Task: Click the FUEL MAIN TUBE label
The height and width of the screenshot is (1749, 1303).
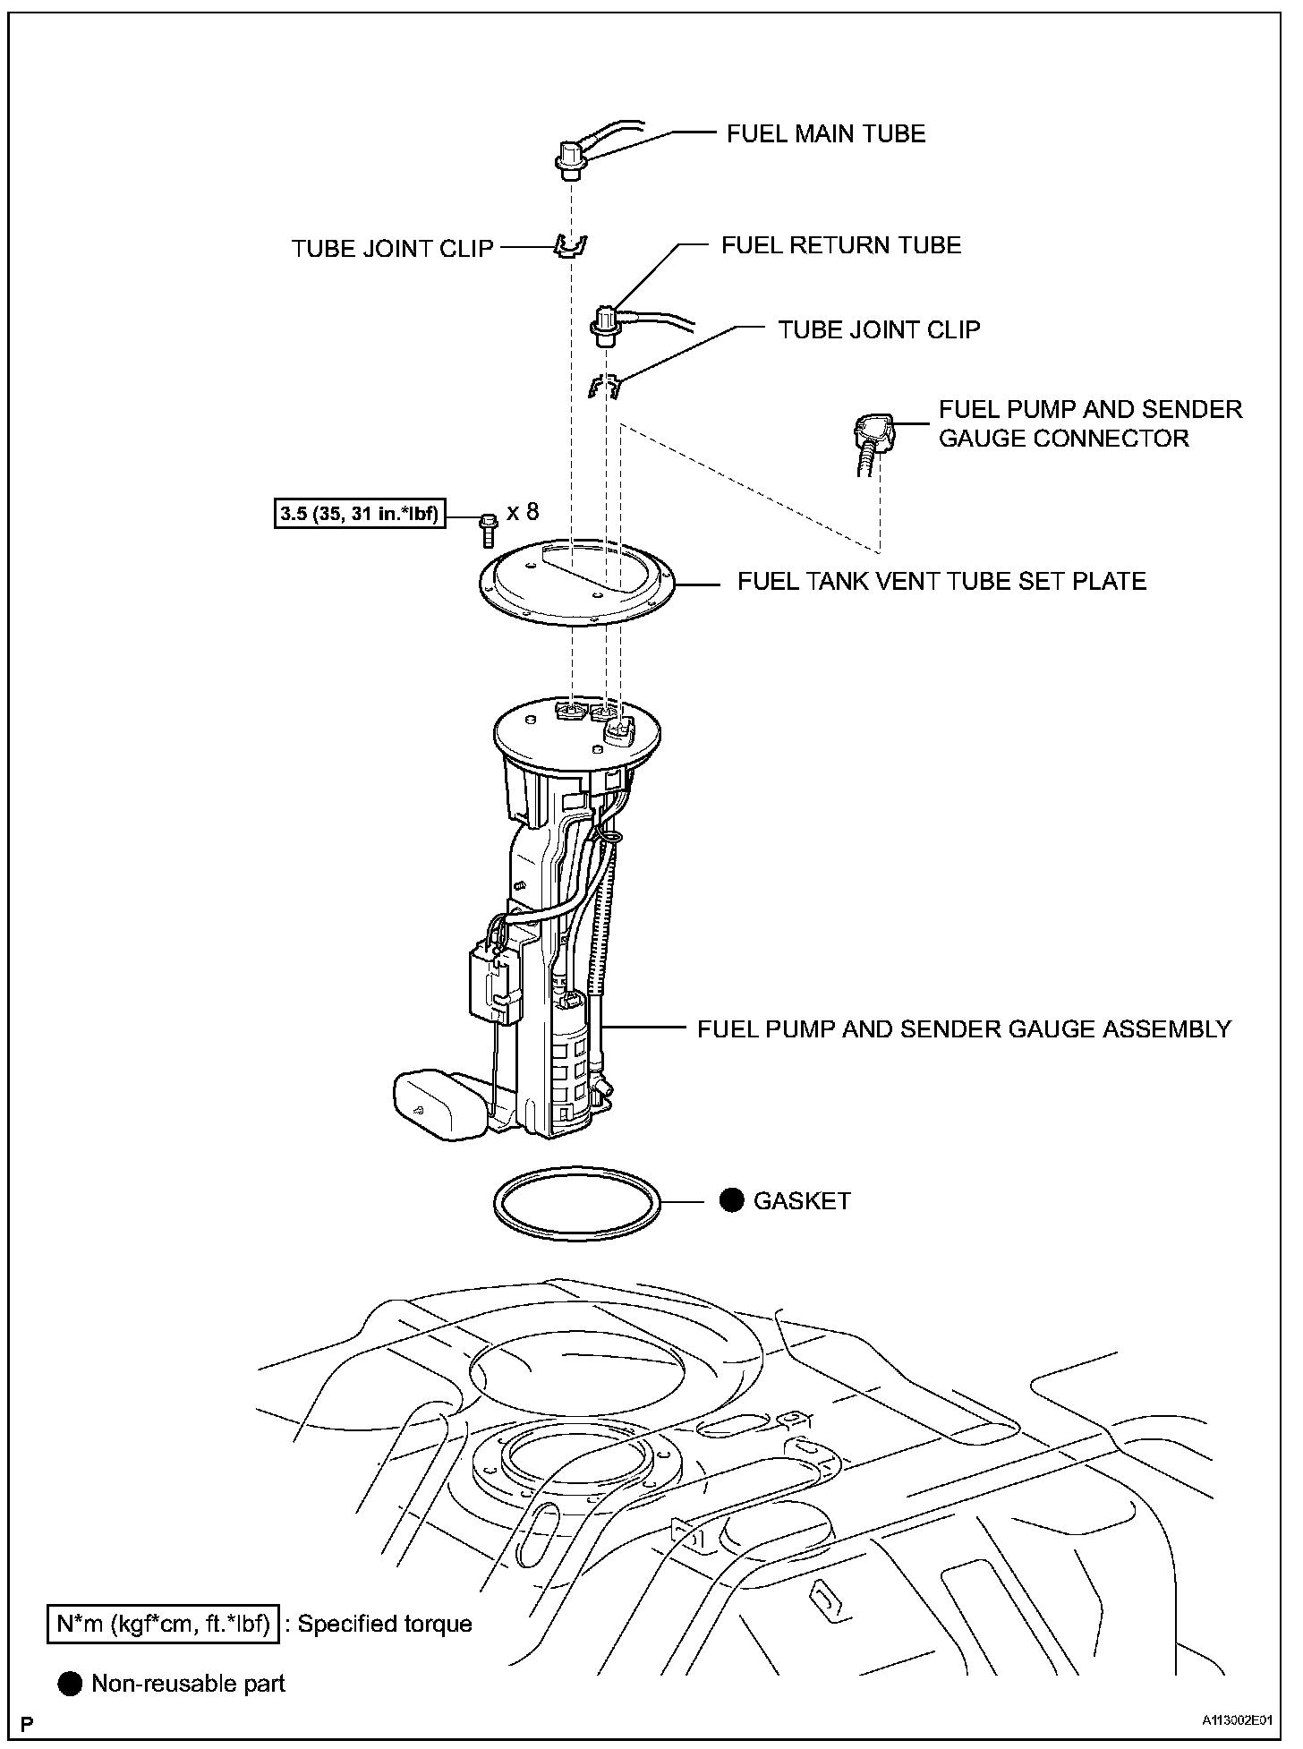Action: pos(825,134)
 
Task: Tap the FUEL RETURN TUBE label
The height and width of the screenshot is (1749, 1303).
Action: pos(841,245)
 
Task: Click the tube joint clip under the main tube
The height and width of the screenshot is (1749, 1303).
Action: pos(570,245)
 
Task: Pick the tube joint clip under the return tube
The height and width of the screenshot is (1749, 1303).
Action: pos(604,386)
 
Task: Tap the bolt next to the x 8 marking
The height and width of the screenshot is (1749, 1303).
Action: pos(487,530)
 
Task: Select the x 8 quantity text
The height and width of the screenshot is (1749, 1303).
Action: pos(523,512)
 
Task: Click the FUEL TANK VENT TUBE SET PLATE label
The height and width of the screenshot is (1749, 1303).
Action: pos(941,582)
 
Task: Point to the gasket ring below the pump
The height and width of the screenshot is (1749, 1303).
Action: pos(577,1203)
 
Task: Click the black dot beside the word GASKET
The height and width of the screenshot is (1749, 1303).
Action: pos(732,1200)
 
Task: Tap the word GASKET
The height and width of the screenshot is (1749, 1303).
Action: pos(802,1201)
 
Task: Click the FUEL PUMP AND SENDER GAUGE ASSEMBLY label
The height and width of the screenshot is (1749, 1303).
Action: pos(964,1029)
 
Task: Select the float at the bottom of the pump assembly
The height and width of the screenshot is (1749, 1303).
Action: pos(439,1105)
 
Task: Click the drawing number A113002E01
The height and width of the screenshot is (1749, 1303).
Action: pos(1237,1720)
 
